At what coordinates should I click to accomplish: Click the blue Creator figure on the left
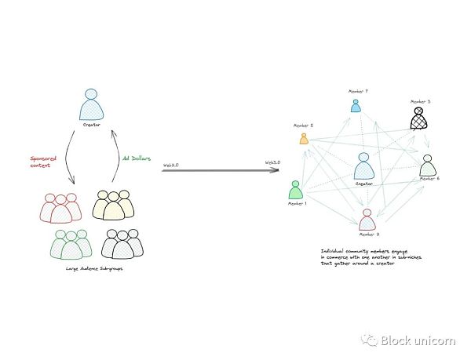[92, 105]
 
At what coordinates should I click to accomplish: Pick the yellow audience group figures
[113, 205]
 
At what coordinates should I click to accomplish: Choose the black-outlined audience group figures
[122, 244]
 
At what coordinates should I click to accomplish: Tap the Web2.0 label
[171, 165]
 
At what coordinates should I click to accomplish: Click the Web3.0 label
[272, 162]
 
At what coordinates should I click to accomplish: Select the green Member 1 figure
[295, 191]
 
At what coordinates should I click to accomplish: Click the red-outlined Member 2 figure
[367, 219]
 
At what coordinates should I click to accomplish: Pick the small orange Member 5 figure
[304, 138]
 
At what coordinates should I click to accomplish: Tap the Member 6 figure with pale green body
[427, 165]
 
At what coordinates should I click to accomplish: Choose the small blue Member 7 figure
[356, 104]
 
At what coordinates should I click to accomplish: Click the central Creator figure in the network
[363, 167]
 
